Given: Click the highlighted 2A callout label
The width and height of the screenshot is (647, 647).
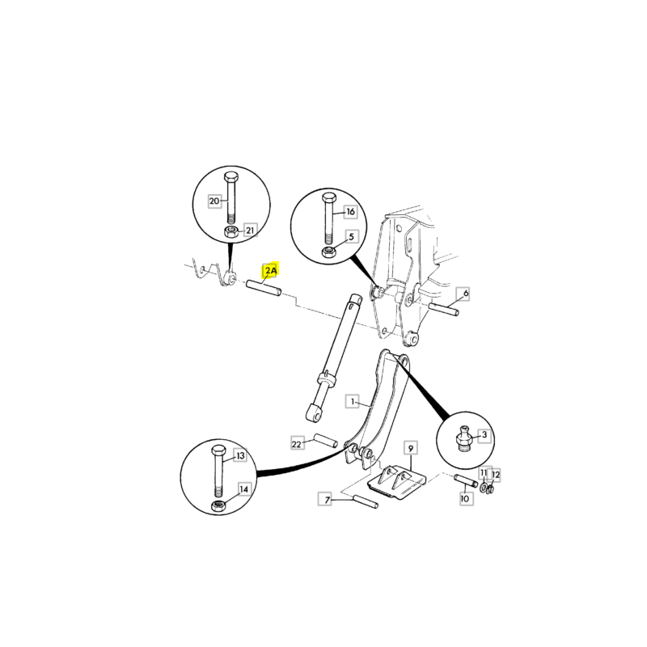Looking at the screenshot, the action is tap(271, 271).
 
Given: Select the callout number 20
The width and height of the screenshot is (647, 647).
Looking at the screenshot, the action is tap(214, 201).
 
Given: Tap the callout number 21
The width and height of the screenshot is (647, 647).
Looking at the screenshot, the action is tap(250, 230).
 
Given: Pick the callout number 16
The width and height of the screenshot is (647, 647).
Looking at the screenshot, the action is tap(350, 212).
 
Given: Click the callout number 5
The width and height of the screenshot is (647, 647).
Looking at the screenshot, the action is tap(351, 236).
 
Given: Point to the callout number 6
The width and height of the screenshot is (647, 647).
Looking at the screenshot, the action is tap(466, 294).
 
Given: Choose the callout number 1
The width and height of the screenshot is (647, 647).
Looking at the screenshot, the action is tap(353, 401).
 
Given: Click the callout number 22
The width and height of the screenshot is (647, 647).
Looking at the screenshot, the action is tap(297, 444).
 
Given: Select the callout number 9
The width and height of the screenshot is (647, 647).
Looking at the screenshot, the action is tap(411, 448).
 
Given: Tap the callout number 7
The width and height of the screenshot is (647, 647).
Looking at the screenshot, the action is tap(328, 500).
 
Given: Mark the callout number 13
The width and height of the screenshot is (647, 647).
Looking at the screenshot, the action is tap(240, 455).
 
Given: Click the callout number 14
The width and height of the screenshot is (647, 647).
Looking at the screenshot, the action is tap(244, 489).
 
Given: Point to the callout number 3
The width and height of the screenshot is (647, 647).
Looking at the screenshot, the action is tap(484, 434).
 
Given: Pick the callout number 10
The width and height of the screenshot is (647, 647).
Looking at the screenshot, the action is tap(465, 498).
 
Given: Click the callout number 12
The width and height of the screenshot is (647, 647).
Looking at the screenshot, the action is tap(496, 475).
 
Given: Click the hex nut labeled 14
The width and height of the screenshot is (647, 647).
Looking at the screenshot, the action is tap(218, 505).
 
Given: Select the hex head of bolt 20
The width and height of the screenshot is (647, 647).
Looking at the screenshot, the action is tap(231, 177).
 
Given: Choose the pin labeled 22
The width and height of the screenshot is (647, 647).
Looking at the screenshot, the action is tap(326, 440).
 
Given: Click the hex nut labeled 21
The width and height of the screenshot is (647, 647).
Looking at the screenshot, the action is tap(231, 231).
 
